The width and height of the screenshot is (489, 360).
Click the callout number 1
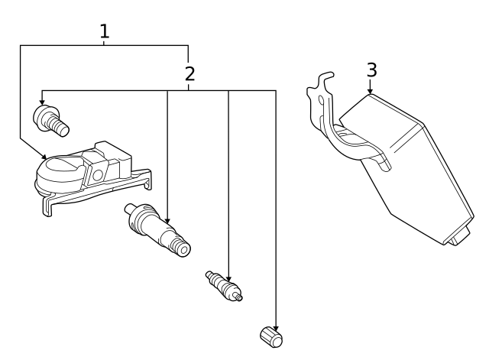(x=105, y=31)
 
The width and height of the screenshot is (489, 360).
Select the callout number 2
(x=189, y=74)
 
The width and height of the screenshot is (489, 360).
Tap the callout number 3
(x=371, y=70)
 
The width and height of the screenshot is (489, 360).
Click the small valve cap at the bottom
(x=271, y=337)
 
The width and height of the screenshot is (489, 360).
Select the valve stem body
(x=157, y=230)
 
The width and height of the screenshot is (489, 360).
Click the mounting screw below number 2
(x=51, y=121)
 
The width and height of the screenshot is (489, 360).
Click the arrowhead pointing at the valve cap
(x=275, y=329)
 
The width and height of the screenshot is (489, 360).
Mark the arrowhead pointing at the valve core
(x=228, y=279)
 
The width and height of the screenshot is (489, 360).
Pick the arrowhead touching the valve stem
(x=167, y=221)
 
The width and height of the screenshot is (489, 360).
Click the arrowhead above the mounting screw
(x=42, y=102)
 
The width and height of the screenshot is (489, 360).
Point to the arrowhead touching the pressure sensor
(x=44, y=156)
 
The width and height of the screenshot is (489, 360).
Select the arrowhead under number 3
(x=370, y=92)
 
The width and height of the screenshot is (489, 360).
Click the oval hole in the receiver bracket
(x=321, y=100)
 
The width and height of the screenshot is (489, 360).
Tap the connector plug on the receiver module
(x=458, y=236)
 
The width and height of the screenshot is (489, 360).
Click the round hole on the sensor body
(x=98, y=175)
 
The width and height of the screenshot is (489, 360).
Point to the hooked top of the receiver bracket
(x=326, y=77)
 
